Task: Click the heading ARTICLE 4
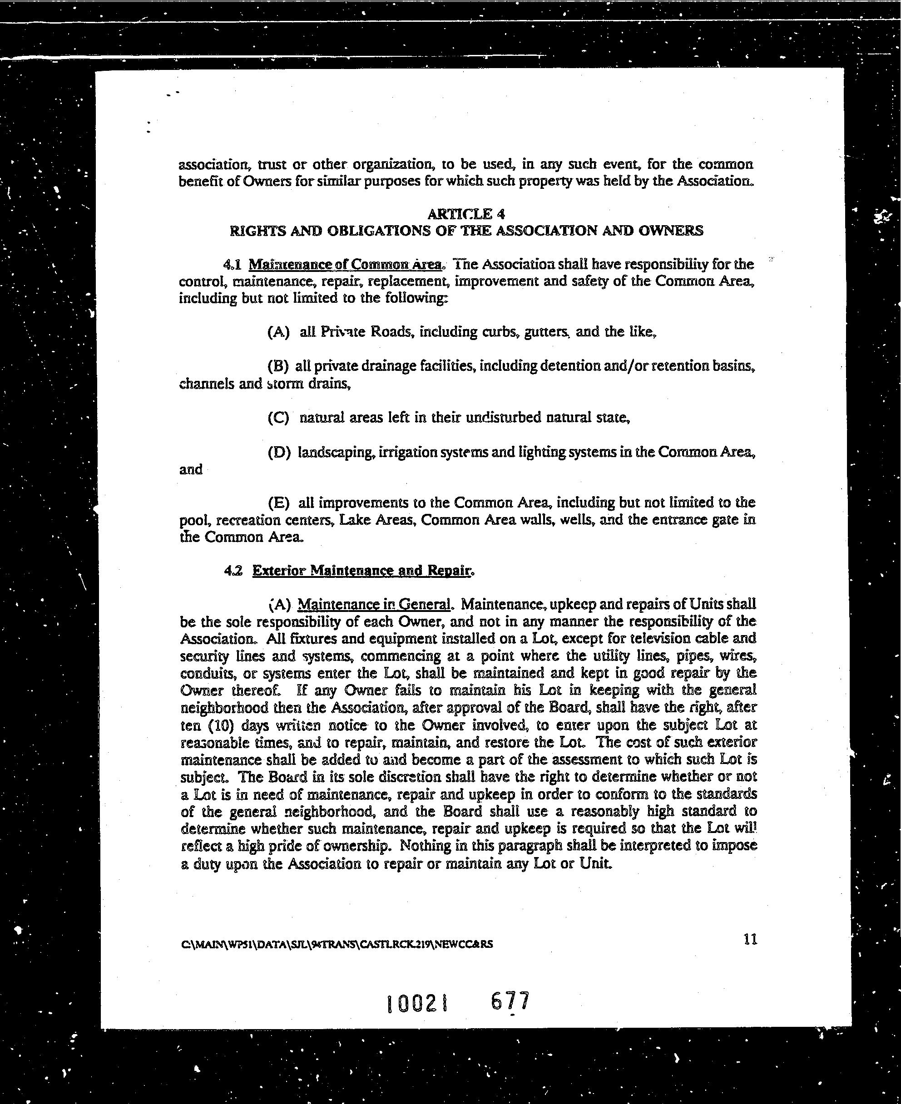pyautogui.click(x=465, y=214)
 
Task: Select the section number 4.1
pyautogui.click(x=232, y=264)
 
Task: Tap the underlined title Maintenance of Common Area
pyautogui.click(x=345, y=264)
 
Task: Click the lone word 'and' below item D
pyautogui.click(x=190, y=469)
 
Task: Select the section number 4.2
pyautogui.click(x=233, y=571)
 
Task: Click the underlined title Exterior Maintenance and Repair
pyautogui.click(x=362, y=571)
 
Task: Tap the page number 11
pyautogui.click(x=750, y=939)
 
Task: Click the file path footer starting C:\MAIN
pyautogui.click(x=337, y=944)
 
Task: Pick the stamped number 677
pyautogui.click(x=510, y=1001)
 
